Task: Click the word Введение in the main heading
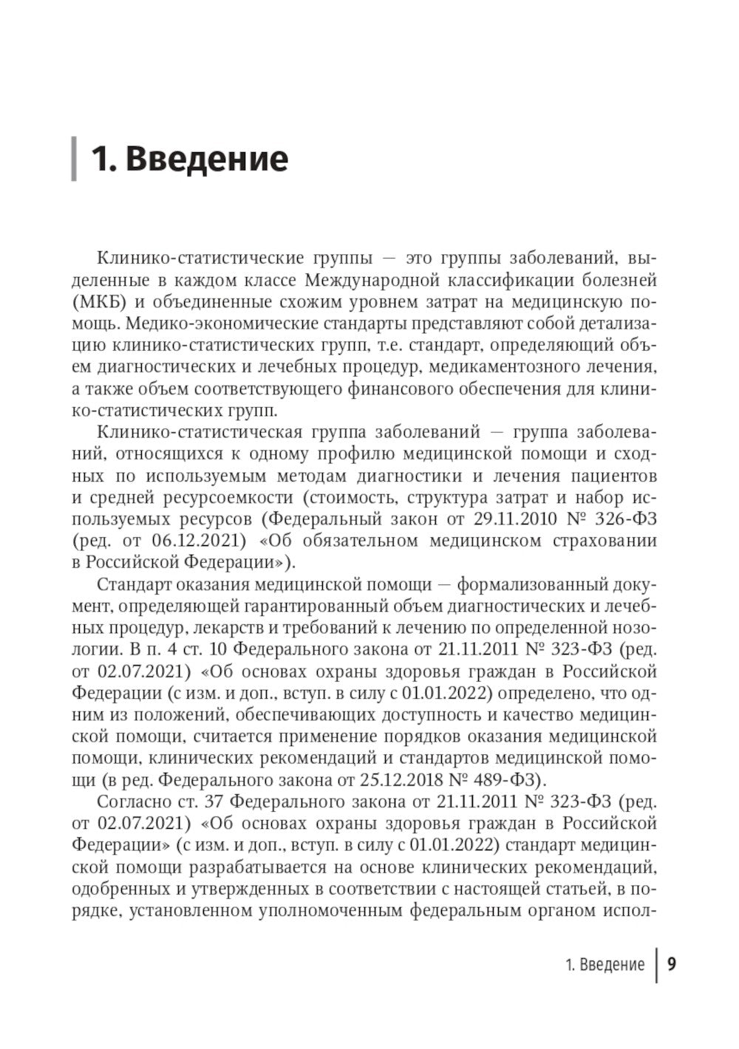pos(206,160)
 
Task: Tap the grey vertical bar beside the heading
pos(74,159)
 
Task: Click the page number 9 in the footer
pos(672,964)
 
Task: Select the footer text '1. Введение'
pos(605,965)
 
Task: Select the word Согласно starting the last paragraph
pos(134,801)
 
